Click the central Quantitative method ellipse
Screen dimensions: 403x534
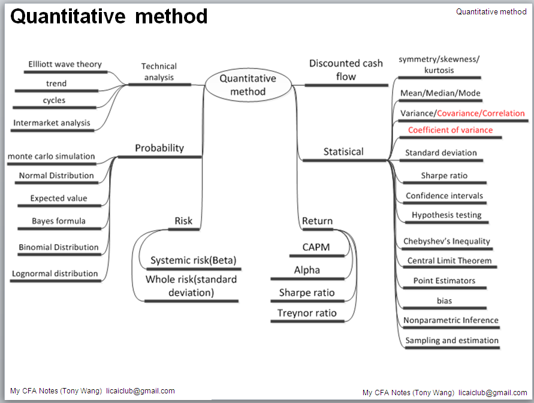point(248,85)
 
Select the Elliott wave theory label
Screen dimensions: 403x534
point(65,64)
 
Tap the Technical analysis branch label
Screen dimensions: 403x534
point(159,71)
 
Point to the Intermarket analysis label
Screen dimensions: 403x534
point(52,123)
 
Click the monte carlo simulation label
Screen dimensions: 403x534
point(51,157)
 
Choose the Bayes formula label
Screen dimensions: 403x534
point(59,221)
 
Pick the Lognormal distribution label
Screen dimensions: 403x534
point(55,273)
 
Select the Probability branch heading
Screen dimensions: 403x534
point(159,148)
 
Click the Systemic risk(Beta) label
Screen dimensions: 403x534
point(194,260)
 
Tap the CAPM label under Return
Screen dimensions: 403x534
point(316,247)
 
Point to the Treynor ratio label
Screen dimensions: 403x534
point(307,313)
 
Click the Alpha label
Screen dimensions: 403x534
point(307,270)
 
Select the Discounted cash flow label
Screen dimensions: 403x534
point(346,70)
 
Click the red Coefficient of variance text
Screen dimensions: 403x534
point(450,130)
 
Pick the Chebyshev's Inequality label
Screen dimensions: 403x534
point(446,242)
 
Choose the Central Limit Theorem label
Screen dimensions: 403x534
point(449,261)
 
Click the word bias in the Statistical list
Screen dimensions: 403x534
point(444,300)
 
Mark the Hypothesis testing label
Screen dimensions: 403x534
point(446,215)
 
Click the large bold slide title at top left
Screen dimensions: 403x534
point(109,17)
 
